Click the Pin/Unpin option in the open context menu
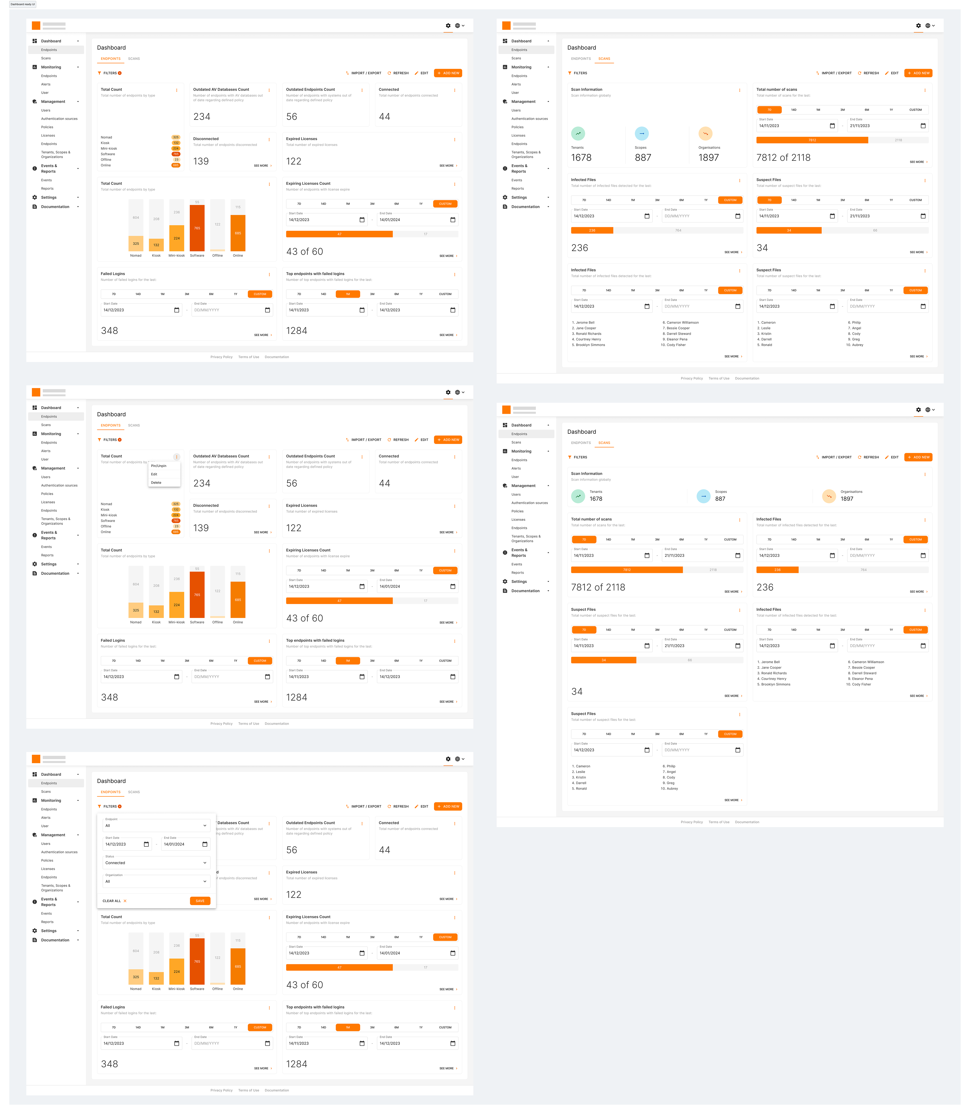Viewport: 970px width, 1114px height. point(159,466)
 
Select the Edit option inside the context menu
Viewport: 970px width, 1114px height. point(154,474)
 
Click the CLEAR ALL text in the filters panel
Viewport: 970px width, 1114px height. point(111,901)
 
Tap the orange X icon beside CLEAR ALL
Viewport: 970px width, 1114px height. point(125,901)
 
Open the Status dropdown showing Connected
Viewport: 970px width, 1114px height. point(156,863)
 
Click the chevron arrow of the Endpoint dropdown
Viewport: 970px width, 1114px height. point(205,826)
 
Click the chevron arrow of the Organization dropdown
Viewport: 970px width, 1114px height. point(205,881)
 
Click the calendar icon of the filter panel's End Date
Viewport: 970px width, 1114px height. point(205,844)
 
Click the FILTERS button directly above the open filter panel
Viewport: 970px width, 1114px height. point(109,806)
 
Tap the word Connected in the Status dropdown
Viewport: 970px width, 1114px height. point(115,863)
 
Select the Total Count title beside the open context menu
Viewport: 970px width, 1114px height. point(111,456)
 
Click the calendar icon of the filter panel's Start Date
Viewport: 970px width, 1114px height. point(146,844)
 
